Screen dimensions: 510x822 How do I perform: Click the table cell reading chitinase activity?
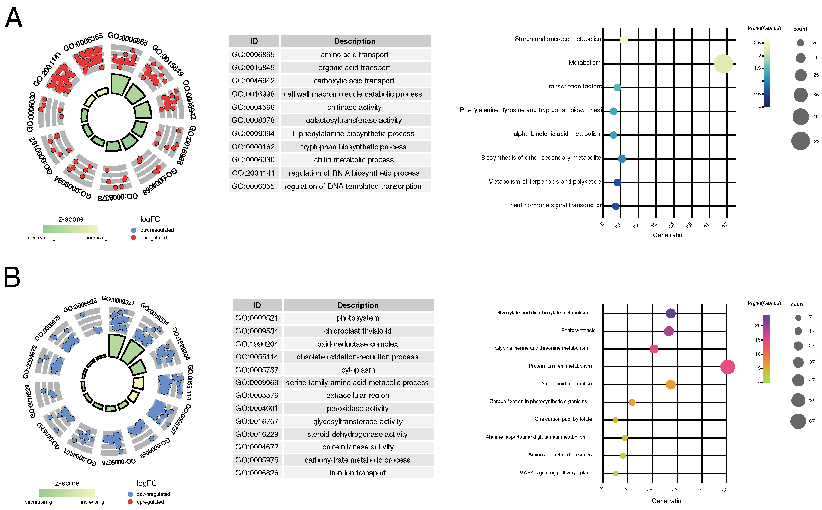[x=354, y=107]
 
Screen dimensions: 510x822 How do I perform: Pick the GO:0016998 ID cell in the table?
[x=253, y=94]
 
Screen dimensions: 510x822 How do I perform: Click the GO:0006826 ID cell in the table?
[x=257, y=473]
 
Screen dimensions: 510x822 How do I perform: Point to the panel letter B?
[x=12, y=277]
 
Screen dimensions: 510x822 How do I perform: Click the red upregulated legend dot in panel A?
[x=134, y=238]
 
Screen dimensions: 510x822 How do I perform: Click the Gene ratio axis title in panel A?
[x=667, y=235]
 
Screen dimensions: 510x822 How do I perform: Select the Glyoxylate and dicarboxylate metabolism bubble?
[x=670, y=313]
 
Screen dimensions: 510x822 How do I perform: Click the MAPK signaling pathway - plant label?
[x=555, y=473]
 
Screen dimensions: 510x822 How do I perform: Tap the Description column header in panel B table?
[x=358, y=305]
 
